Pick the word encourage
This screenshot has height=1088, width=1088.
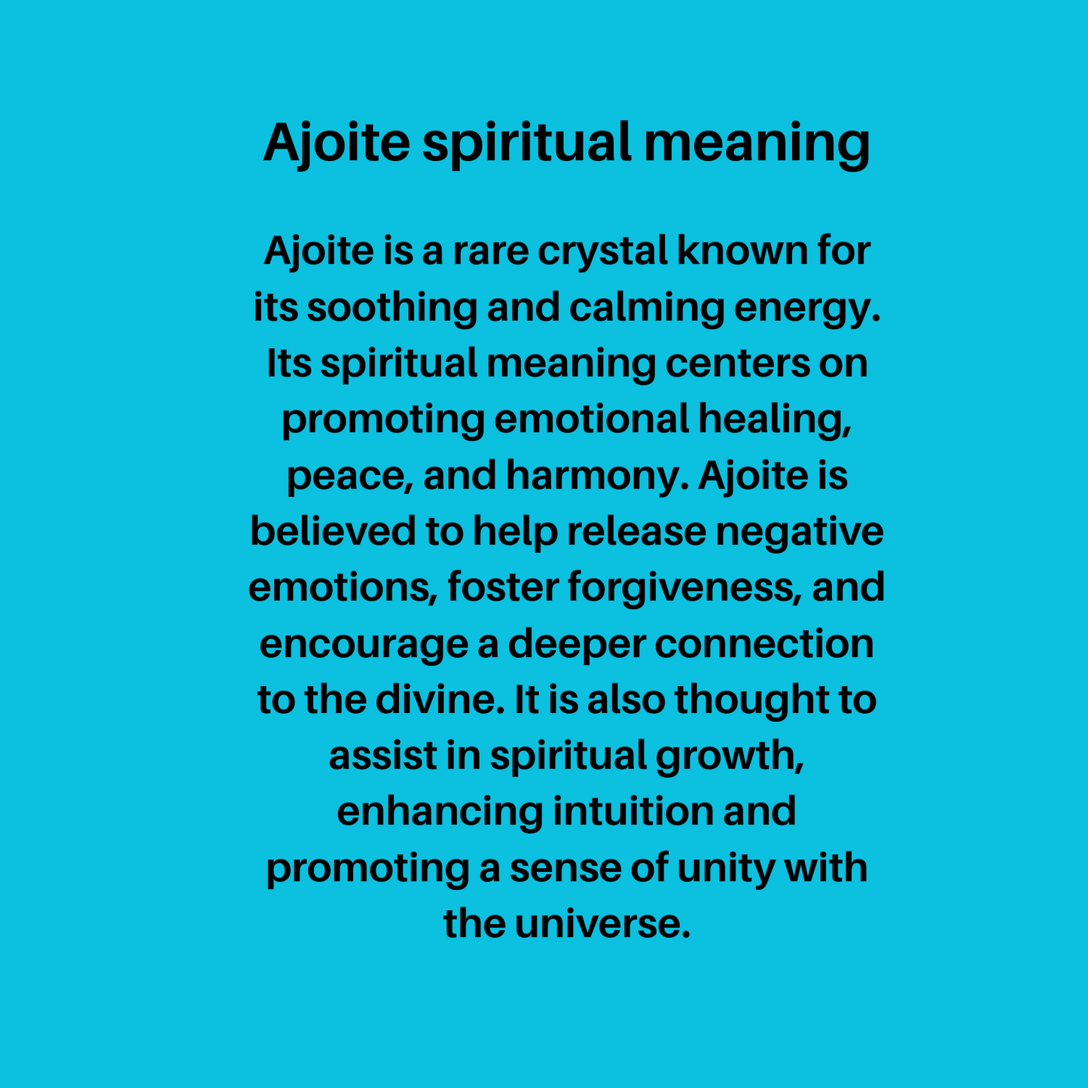(364, 644)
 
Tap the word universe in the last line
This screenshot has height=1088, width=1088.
(602, 924)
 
